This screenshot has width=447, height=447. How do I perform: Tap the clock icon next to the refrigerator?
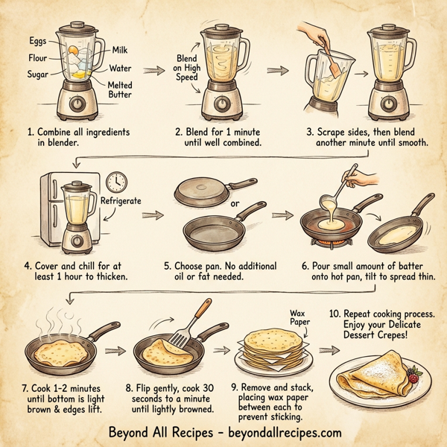[115, 182]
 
